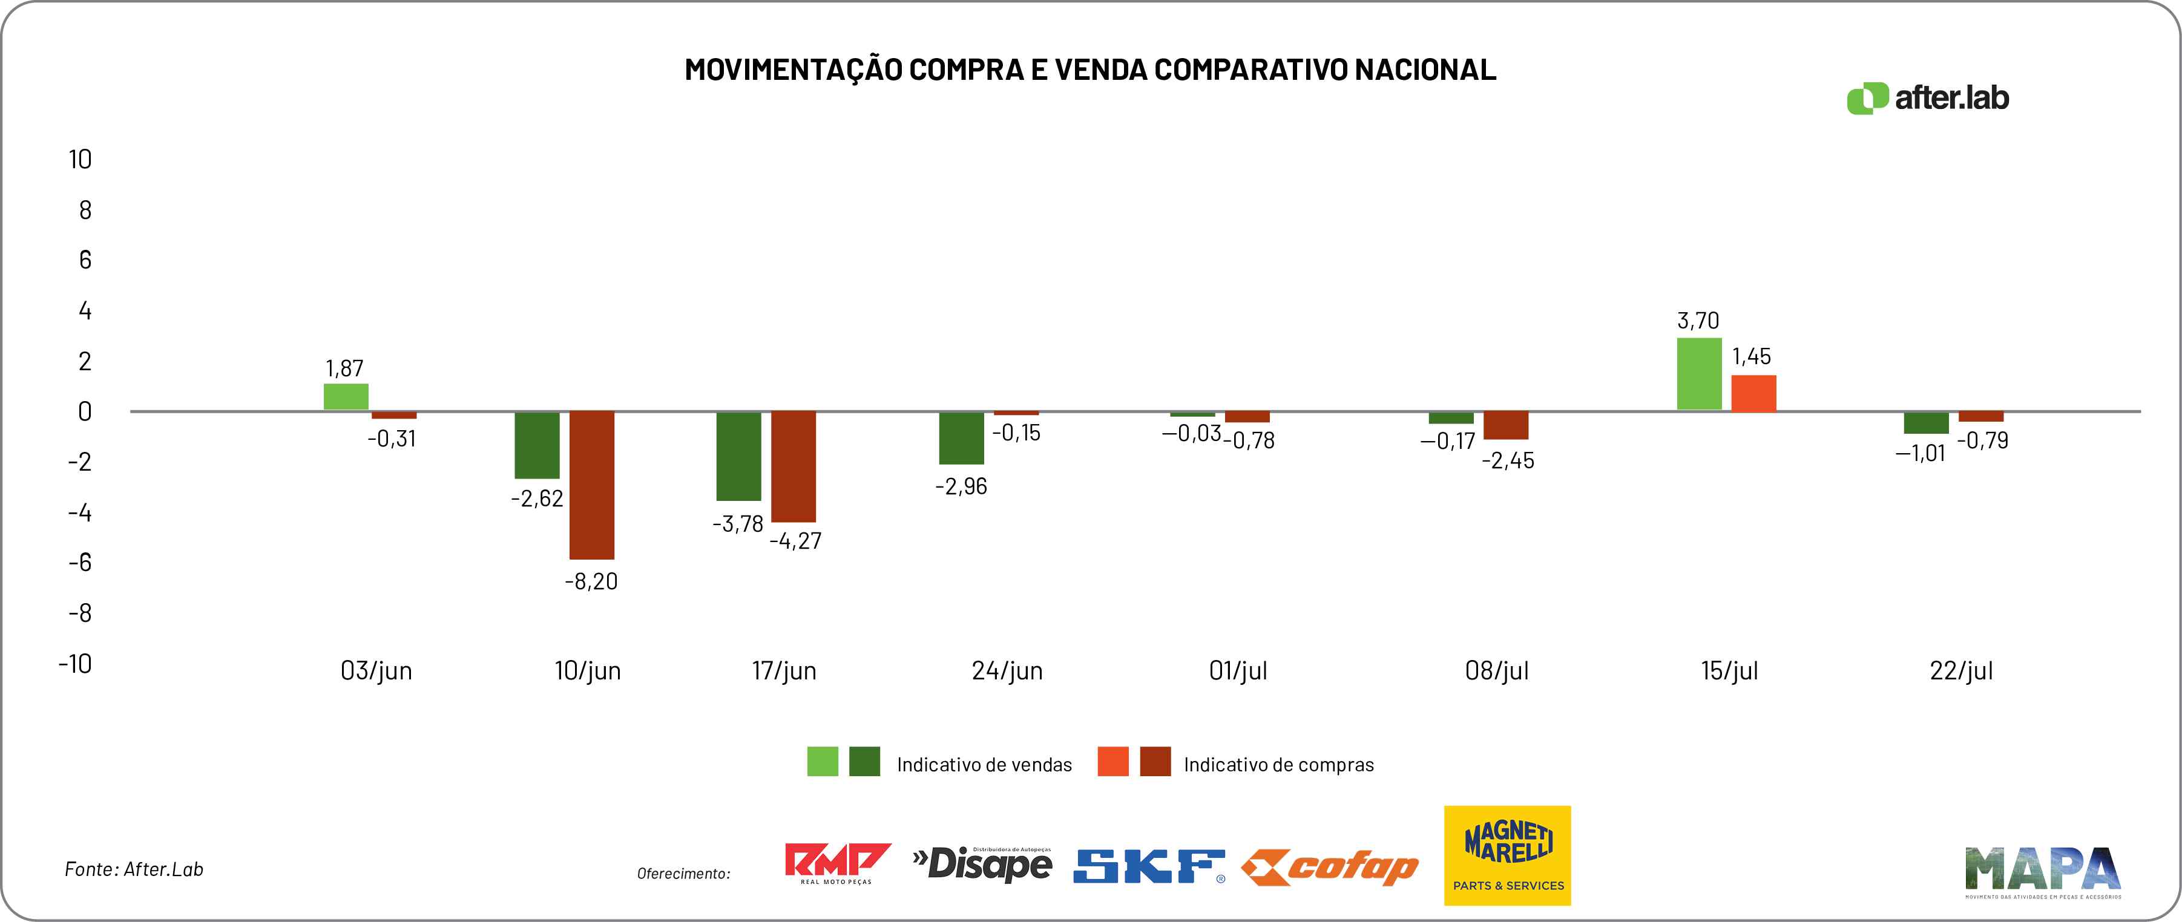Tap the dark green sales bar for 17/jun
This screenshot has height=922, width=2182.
point(738,456)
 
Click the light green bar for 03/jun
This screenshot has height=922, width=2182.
point(346,397)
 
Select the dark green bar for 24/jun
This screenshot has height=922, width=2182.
point(961,438)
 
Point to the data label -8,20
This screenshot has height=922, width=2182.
point(591,581)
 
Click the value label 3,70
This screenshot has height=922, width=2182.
point(1698,321)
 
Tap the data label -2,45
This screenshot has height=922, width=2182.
point(1508,460)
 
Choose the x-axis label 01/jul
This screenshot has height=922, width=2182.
point(1238,670)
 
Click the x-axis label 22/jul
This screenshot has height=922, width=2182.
point(1961,670)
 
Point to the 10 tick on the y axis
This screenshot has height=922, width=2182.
point(81,159)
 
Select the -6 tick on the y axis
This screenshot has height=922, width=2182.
point(81,562)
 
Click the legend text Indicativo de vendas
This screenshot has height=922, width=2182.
point(984,765)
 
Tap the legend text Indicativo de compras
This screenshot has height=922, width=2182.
point(1278,765)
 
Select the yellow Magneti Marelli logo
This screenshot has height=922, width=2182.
point(1507,855)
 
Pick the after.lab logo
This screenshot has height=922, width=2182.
point(1927,98)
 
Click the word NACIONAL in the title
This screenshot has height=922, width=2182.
point(1425,70)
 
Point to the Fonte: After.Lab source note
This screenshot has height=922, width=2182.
point(134,869)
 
